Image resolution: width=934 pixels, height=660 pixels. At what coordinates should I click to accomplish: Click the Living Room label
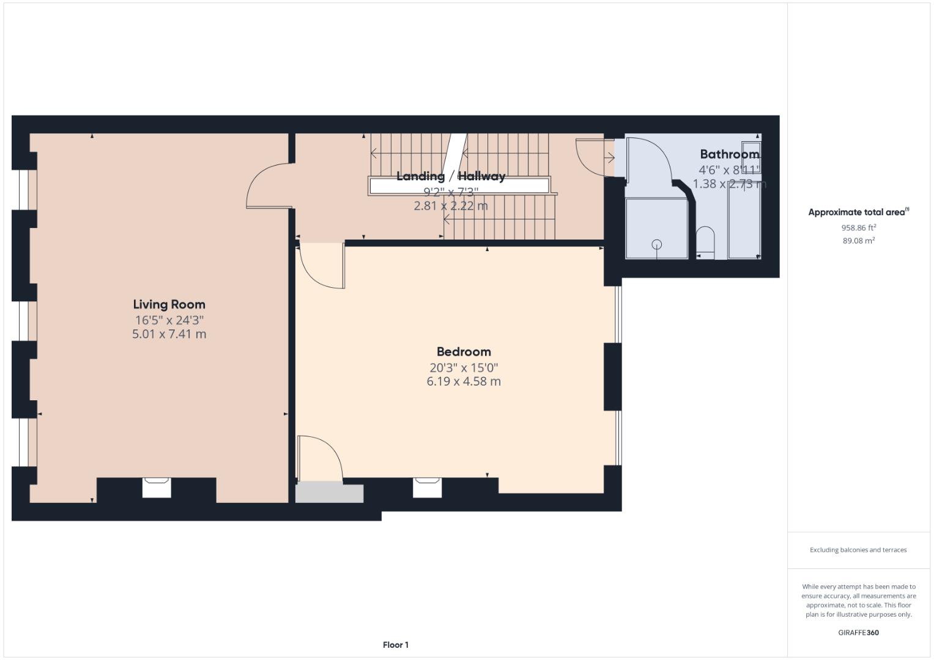[x=169, y=304]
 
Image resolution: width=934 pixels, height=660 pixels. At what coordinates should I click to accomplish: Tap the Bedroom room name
[x=463, y=352]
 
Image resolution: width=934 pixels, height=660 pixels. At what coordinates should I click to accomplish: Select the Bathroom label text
[x=729, y=155]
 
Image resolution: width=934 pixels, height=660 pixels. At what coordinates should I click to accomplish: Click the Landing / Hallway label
[x=451, y=177]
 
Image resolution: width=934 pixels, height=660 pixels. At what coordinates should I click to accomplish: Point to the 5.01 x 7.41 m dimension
[x=169, y=334]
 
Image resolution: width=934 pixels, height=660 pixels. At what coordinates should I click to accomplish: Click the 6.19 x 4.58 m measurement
[x=463, y=381]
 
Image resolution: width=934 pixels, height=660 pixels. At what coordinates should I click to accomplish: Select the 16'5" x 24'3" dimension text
[x=169, y=320]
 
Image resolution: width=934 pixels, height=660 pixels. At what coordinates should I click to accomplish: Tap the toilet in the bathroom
[x=705, y=241]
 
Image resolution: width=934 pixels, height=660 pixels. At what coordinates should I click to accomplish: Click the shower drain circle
[x=656, y=244]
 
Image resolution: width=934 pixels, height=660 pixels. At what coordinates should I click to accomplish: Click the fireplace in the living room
[x=157, y=487]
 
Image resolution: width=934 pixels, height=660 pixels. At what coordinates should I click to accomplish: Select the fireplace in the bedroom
[x=427, y=487]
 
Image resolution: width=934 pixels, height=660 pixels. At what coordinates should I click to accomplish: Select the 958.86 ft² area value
[x=858, y=227]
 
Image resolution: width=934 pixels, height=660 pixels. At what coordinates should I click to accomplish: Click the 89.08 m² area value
[x=858, y=241]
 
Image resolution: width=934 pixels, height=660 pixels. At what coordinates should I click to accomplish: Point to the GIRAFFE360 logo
[x=858, y=632]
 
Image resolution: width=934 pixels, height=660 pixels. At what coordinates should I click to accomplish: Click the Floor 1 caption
[x=395, y=645]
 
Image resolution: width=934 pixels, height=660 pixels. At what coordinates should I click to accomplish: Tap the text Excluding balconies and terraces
[x=858, y=550]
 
